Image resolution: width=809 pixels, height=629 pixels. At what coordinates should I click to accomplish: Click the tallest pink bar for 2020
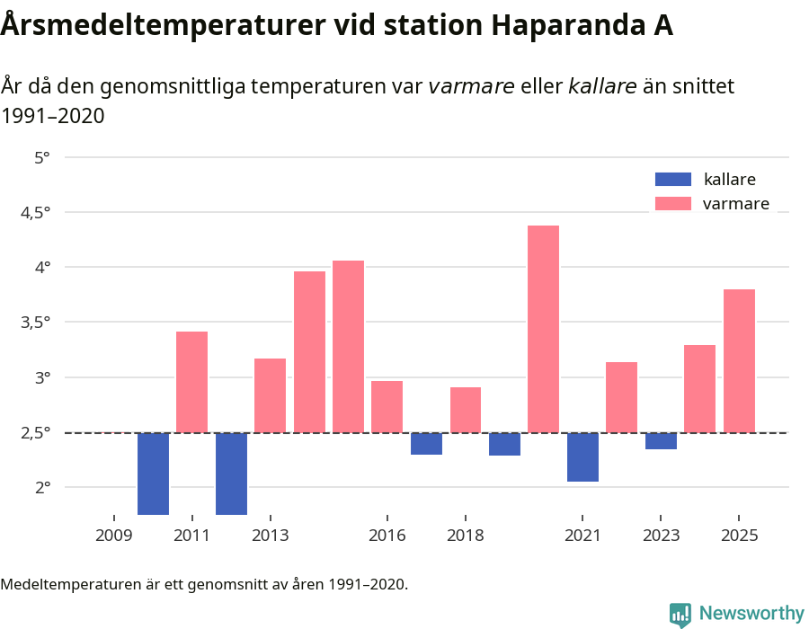(543, 329)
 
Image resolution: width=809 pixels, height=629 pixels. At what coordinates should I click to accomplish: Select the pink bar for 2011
(191, 382)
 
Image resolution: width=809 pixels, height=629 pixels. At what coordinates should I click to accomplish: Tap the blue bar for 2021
(582, 457)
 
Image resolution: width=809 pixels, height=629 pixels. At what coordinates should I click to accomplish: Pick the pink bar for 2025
(739, 360)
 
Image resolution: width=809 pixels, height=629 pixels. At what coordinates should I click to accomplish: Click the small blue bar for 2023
(661, 441)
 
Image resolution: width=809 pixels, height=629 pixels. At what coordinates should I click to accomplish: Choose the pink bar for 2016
(387, 406)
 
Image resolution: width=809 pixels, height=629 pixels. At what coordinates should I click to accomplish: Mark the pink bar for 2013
(270, 395)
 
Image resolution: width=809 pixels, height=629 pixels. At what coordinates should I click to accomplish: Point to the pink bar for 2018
(466, 410)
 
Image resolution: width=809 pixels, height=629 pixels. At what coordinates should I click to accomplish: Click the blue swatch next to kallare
(673, 179)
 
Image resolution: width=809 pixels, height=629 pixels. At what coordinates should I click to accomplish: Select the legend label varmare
(735, 204)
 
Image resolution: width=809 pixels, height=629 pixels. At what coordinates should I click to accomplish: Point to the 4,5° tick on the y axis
(35, 212)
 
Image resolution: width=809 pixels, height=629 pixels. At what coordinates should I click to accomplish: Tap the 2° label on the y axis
(42, 487)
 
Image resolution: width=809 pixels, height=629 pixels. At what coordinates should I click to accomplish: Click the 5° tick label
(42, 157)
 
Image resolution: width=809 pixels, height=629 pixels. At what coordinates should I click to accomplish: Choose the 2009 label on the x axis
(113, 536)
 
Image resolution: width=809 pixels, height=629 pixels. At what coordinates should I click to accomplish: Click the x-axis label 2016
(387, 536)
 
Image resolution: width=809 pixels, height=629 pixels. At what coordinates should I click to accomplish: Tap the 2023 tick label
(661, 536)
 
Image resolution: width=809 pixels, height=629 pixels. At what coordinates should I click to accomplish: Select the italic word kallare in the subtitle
(602, 86)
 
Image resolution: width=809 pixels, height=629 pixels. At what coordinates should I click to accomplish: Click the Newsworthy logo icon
(680, 614)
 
